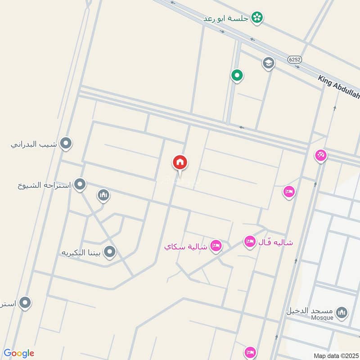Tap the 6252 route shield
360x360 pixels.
295,59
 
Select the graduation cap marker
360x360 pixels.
269,63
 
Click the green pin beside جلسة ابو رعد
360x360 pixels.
257,18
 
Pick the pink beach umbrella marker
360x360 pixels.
321,156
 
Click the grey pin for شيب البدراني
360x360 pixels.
66,144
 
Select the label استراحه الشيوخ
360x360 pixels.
45,184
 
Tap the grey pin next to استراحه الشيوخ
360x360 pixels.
80,184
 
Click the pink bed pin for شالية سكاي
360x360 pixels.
216,245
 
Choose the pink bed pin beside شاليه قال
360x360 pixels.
250,242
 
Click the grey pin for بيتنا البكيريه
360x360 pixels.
109,252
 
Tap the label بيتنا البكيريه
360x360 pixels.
82,252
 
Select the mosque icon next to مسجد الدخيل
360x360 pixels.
342,312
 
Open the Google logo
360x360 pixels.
19,353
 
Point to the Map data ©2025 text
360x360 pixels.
335,355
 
